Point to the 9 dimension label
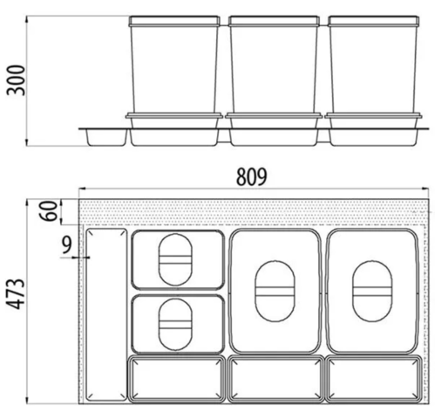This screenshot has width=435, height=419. tap(67, 246)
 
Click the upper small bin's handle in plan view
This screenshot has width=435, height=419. tap(174, 258)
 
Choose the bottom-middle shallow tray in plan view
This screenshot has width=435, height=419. tap(275, 378)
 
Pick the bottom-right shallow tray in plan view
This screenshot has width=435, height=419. tap(374, 378)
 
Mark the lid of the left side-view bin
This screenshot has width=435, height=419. tap(175, 19)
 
